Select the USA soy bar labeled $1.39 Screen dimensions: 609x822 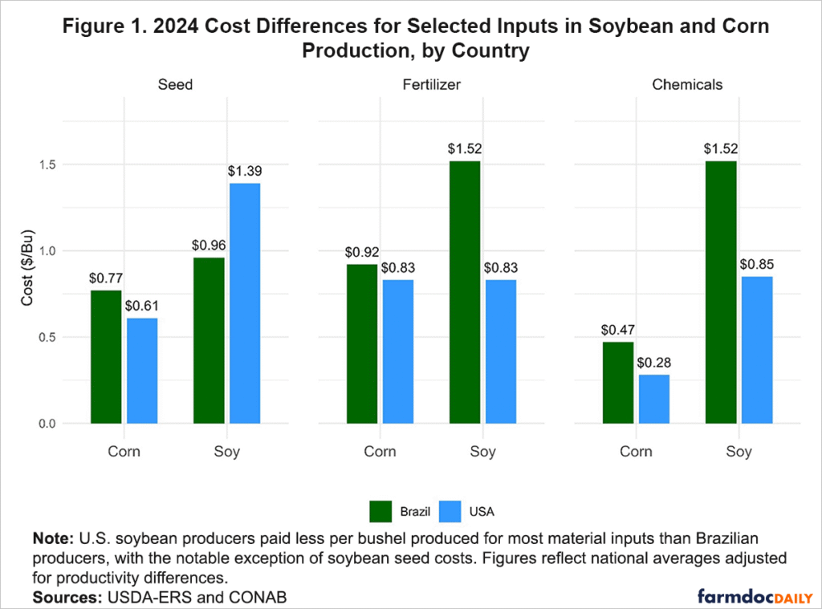[245, 302]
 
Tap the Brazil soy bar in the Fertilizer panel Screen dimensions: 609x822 [465, 292]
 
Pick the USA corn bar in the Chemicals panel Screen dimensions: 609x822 [653, 399]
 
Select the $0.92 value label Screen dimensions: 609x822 [362, 251]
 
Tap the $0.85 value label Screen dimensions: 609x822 [756, 263]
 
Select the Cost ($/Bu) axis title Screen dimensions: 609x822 [27, 294]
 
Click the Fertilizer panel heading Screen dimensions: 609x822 [430, 84]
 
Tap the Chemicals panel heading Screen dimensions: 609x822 [686, 84]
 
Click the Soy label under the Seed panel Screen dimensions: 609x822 [226, 451]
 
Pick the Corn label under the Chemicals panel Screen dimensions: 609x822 [636, 451]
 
